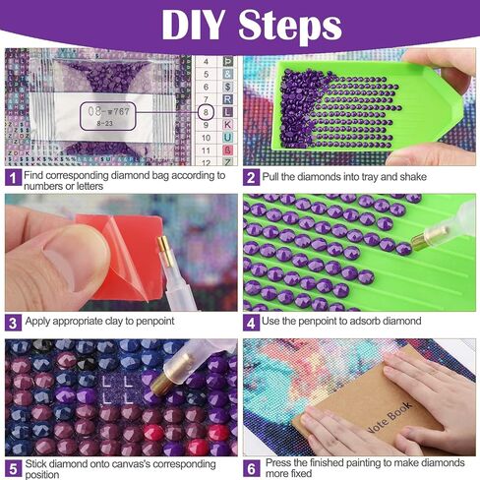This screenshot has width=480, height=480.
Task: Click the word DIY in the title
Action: tap(194, 25)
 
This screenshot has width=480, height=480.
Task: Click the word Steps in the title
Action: tap(290, 27)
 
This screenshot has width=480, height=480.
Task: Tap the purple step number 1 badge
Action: tap(13, 178)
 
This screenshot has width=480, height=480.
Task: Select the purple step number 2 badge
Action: tap(251, 178)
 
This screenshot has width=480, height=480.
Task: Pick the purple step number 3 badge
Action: tap(13, 323)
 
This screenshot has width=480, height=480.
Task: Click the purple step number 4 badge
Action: tap(251, 323)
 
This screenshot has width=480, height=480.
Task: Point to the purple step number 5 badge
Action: tap(13, 469)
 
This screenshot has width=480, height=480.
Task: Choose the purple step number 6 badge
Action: tap(252, 468)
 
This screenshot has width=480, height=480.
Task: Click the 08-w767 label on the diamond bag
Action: tap(108, 112)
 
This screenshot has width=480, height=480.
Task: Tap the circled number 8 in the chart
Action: tap(206, 112)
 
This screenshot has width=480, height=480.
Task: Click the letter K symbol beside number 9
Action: tap(227, 125)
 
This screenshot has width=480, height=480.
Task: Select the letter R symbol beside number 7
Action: tap(227, 99)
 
